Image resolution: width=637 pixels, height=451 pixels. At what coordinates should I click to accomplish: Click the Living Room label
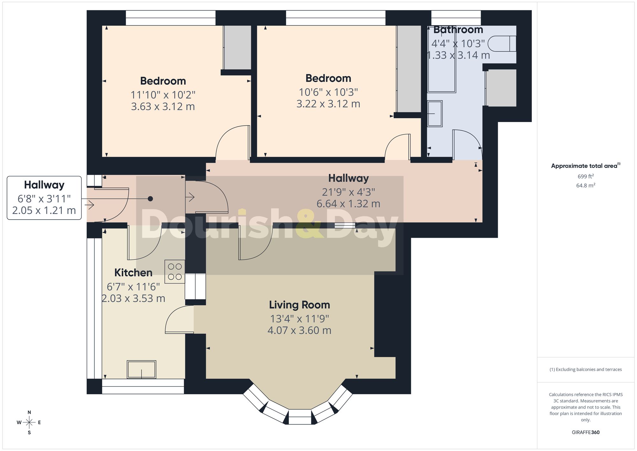pyautogui.click(x=299, y=305)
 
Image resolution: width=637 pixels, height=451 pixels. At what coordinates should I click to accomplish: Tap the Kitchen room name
pyautogui.click(x=133, y=273)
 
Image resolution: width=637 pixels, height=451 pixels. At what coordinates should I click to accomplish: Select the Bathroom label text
pyautogui.click(x=458, y=30)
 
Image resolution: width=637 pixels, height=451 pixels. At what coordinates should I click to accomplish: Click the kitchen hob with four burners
pyautogui.click(x=175, y=272)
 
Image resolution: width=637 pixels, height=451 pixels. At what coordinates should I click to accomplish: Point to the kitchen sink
pyautogui.click(x=141, y=369)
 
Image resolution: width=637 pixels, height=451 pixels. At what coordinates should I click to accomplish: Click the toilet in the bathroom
pyautogui.click(x=502, y=44)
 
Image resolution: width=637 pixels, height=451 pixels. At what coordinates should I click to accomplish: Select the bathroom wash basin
pyautogui.click(x=435, y=114)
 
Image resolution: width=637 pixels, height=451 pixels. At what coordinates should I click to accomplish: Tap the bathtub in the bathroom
pyautogui.click(x=441, y=59)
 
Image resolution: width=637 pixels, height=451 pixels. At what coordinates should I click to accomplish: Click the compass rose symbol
pyautogui.click(x=29, y=423)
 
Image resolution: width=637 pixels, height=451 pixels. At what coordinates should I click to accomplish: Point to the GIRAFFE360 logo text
pyautogui.click(x=585, y=433)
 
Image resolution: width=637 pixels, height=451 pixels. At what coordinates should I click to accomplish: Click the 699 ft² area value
pyautogui.click(x=585, y=176)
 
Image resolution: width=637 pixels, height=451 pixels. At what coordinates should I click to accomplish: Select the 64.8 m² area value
pyautogui.click(x=585, y=185)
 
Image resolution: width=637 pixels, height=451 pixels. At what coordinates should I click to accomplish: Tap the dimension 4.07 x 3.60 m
pyautogui.click(x=299, y=331)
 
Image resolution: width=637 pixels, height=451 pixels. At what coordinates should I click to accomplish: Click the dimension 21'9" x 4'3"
pyautogui.click(x=348, y=192)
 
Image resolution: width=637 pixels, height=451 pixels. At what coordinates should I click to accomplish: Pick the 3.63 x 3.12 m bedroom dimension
pyautogui.click(x=163, y=106)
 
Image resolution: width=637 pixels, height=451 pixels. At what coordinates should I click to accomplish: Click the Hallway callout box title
pyautogui.click(x=44, y=185)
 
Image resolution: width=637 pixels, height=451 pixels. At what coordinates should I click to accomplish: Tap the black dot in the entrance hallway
pyautogui.click(x=150, y=199)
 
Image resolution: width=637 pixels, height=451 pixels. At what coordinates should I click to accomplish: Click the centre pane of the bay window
pyautogui.click(x=299, y=417)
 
